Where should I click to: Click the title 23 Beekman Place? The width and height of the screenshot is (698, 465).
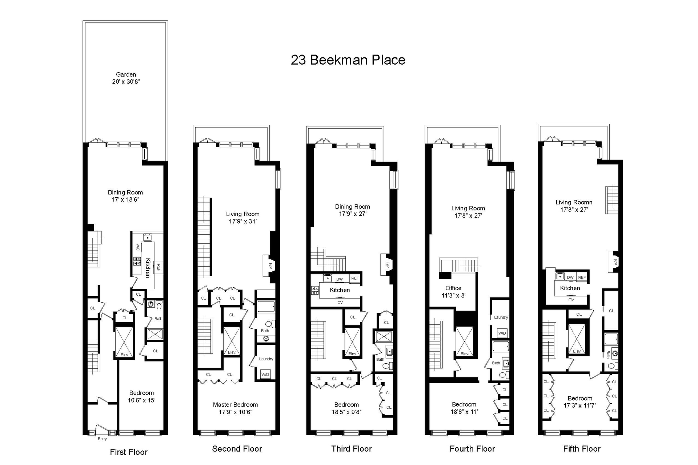348,60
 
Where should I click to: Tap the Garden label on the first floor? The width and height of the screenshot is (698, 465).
126,74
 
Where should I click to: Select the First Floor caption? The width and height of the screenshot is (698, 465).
129,452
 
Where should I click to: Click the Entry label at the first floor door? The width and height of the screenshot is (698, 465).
103,439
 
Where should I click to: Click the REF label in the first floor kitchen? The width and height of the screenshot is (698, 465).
159,268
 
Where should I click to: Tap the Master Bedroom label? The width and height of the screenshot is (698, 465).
236,405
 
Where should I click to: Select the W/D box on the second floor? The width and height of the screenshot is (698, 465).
266,374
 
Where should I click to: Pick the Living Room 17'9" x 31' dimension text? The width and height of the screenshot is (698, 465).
242,221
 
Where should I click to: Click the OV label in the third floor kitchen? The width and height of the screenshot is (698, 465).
340,302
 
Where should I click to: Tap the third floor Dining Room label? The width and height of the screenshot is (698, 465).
353,207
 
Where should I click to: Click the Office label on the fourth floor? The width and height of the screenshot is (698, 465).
453,288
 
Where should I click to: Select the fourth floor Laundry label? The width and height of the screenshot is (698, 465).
501,317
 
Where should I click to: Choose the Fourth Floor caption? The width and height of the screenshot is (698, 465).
472,449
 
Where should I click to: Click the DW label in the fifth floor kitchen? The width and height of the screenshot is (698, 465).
570,277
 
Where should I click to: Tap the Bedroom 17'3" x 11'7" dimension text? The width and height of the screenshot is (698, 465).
580,405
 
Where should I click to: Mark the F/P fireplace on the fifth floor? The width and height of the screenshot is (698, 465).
614,262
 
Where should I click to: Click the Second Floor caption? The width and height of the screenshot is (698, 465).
237,449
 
